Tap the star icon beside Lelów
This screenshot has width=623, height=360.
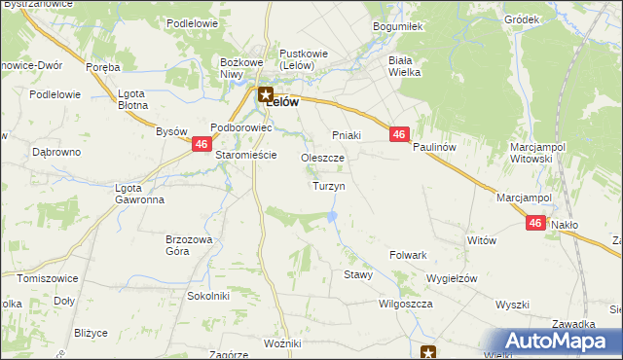[x=265, y=94]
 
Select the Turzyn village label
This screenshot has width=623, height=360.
[x=328, y=185]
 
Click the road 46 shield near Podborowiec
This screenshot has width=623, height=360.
[x=201, y=143]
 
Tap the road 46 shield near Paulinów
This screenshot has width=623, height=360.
[x=398, y=134]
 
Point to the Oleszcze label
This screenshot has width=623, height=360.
[x=323, y=158]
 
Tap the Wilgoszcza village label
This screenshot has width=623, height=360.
[x=406, y=304]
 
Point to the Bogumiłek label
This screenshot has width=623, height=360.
[x=396, y=27]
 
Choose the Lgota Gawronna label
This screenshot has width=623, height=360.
[x=139, y=194]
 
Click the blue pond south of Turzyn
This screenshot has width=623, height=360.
[x=333, y=216]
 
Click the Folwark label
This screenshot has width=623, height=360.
[x=409, y=255]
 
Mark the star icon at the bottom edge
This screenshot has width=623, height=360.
[x=427, y=352]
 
